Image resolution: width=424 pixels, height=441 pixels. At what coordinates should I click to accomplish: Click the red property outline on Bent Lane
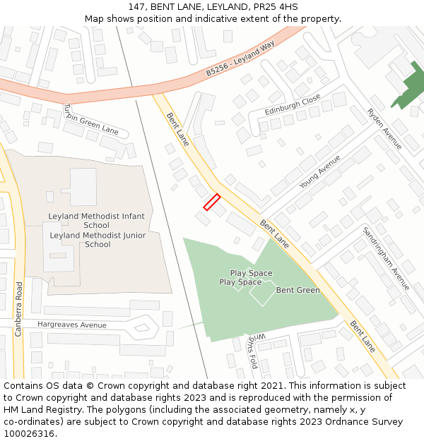pyautogui.click(x=212, y=203)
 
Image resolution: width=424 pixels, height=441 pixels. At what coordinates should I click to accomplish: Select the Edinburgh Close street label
pyautogui.click(x=293, y=107)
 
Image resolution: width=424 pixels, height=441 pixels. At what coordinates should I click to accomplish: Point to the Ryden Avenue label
pyautogui.click(x=384, y=128)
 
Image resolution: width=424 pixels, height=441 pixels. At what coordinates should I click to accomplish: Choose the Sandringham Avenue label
pyautogui.click(x=386, y=258)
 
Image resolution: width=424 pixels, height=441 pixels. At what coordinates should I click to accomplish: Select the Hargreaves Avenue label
pyautogui.click(x=72, y=325)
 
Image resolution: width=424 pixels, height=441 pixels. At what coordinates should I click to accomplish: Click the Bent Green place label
pyautogui.click(x=298, y=290)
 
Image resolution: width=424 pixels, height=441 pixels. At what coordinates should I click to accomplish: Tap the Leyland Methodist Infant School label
pyautogui.click(x=96, y=221)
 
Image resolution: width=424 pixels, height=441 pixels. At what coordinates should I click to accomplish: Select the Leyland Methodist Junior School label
pyautogui.click(x=98, y=240)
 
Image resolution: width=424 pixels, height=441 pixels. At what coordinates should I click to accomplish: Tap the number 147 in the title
pyautogui.click(x=138, y=7)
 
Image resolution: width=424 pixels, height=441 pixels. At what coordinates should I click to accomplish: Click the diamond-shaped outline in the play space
pyautogui.click(x=262, y=293)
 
